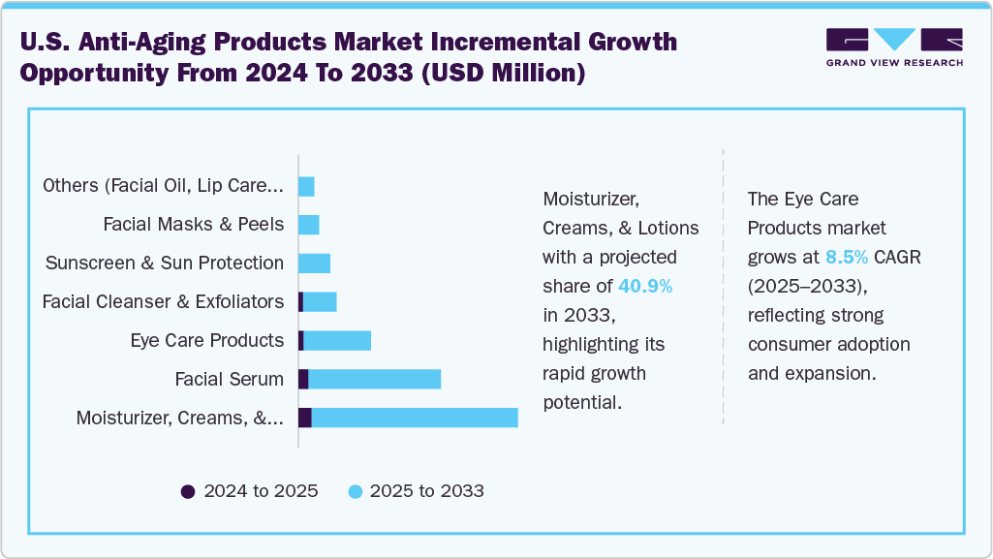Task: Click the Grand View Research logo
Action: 893,47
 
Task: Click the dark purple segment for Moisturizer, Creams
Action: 305,418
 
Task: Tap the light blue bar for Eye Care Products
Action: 337,340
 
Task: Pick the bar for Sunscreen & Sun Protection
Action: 314,263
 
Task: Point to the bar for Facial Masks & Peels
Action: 308,225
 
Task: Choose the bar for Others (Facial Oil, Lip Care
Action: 306,186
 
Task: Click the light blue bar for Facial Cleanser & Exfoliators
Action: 320,301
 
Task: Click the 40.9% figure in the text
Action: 645,286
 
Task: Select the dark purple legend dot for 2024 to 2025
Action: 188,491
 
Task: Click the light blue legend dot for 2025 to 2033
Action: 355,491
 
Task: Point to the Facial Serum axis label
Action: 229,379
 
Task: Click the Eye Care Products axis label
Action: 206,340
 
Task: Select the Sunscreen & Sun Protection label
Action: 165,263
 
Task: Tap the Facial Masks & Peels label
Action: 194,225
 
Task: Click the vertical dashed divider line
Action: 723,291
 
